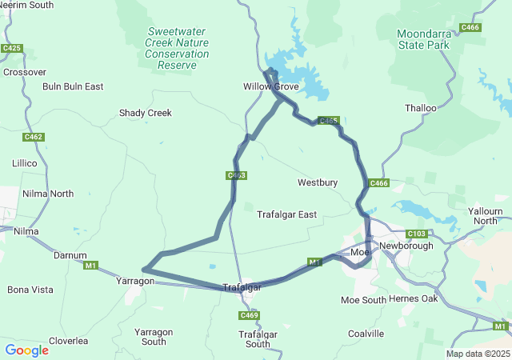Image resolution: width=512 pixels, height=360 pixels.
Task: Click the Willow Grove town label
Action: point(270,86)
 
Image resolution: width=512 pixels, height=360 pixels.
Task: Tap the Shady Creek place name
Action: point(146,113)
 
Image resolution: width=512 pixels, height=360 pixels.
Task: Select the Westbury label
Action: point(318,182)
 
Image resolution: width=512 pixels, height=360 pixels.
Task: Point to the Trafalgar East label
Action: point(286,214)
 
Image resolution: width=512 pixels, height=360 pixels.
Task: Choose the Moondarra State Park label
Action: point(423,39)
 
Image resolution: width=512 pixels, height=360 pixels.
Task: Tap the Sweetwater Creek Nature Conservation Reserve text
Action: point(177,42)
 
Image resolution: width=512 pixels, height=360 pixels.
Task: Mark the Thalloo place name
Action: point(421,108)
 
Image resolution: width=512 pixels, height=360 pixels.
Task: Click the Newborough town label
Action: point(406,246)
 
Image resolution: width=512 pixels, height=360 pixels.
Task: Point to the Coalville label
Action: point(366,334)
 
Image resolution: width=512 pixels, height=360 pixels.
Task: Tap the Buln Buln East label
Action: point(73,86)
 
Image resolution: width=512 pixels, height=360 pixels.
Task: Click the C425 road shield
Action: point(11,49)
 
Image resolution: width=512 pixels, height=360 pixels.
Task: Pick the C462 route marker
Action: point(33,137)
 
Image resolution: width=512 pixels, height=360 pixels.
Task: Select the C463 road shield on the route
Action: point(235,175)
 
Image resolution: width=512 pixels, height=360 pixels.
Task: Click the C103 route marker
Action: point(416,234)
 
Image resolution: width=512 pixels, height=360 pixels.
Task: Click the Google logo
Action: point(26,350)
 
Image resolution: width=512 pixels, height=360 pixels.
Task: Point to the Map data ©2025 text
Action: point(477,354)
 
